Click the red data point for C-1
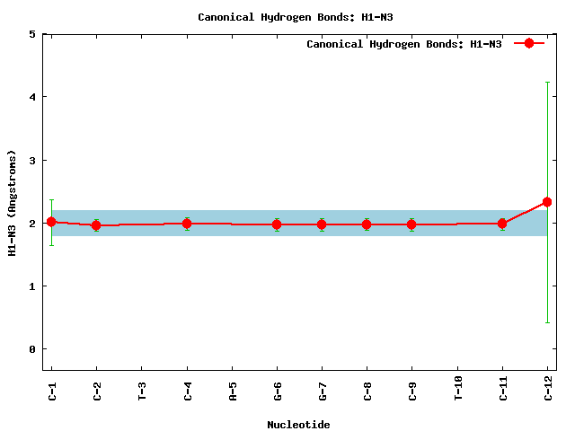pos(51,222)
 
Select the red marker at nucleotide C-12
pos(547,202)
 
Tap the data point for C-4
pos(187,224)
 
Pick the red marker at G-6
pos(277,224)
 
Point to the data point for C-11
pos(502,224)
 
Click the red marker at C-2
pos(96,225)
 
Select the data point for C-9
pos(411,224)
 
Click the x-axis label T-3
pos(142,391)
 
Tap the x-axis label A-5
pos(233,391)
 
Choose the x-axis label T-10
pos(457,388)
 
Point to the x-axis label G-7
pos(323,391)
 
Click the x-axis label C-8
pos(367,391)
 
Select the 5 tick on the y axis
pos(32,34)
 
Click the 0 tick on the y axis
pos(32,349)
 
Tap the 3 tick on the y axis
pos(32,161)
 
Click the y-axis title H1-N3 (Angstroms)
pos(12,203)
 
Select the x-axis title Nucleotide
pos(298,425)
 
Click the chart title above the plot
pos(296,17)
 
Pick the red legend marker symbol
pos(529,43)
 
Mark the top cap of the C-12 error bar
pos(547,83)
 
